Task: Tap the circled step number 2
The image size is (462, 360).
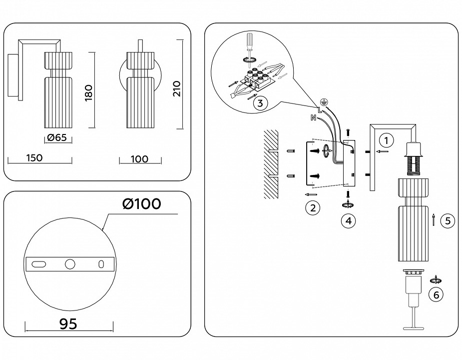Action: (312, 207)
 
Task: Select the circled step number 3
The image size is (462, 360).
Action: (259, 103)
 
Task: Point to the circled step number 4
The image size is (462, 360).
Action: (348, 220)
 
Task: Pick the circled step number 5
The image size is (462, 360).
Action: (448, 220)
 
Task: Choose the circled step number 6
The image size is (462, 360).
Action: (437, 294)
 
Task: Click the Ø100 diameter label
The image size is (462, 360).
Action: (142, 204)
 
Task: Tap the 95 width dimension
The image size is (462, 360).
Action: (68, 324)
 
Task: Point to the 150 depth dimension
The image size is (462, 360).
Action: (33, 157)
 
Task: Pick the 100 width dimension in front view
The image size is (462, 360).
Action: (139, 159)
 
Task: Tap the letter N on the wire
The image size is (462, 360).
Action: (313, 118)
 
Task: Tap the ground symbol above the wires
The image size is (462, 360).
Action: (324, 102)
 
